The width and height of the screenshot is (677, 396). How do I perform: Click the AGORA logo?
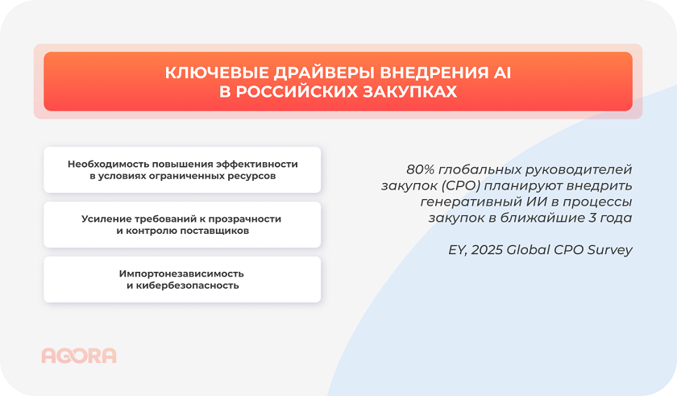(x=78, y=356)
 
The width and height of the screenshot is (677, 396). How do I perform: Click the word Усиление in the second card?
(x=106, y=219)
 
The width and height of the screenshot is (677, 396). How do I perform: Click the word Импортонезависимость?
(x=182, y=273)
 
